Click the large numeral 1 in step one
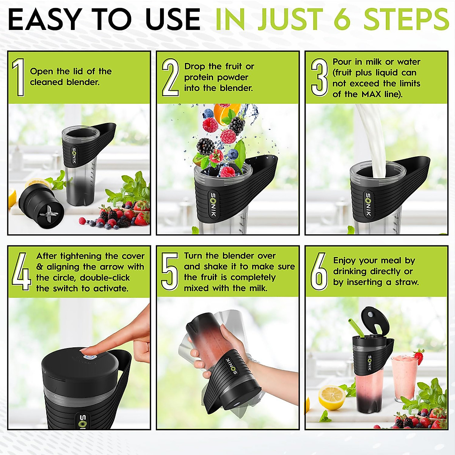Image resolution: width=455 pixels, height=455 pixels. click(x=19, y=77)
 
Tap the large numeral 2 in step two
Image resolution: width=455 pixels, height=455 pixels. click(x=170, y=77)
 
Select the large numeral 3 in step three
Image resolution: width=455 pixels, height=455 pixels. click(x=319, y=77)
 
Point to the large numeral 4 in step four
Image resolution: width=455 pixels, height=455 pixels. click(x=22, y=271)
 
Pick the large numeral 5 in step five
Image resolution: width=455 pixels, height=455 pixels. click(x=169, y=271)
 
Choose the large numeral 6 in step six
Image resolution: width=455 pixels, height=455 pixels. click(x=319, y=271)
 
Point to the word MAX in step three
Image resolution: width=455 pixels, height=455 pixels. click(x=371, y=94)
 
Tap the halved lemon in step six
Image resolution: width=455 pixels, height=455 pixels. click(x=332, y=397)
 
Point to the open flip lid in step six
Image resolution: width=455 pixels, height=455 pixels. click(x=375, y=322)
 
